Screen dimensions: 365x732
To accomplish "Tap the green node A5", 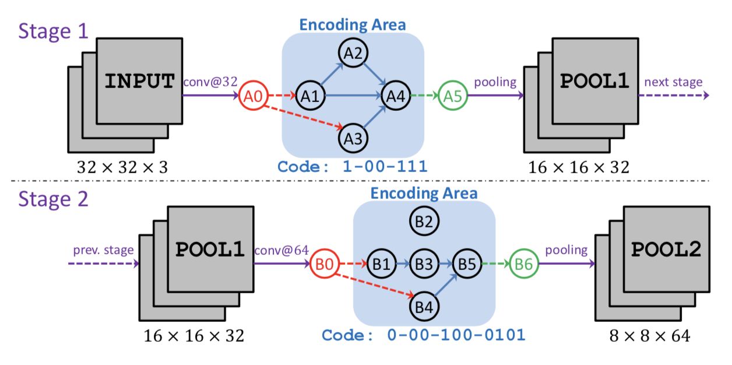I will [x=453, y=96].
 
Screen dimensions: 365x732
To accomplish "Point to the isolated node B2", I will [x=424, y=222].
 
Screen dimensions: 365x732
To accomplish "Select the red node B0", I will [x=324, y=264].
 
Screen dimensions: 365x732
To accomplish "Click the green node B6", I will [x=524, y=264].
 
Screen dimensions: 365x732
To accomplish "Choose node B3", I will [x=424, y=264].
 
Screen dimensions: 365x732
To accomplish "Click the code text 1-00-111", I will [x=385, y=166].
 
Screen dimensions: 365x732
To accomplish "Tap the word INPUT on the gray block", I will [x=140, y=81].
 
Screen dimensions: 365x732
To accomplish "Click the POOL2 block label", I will [x=666, y=249].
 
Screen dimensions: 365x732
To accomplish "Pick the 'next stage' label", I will [x=673, y=82].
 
